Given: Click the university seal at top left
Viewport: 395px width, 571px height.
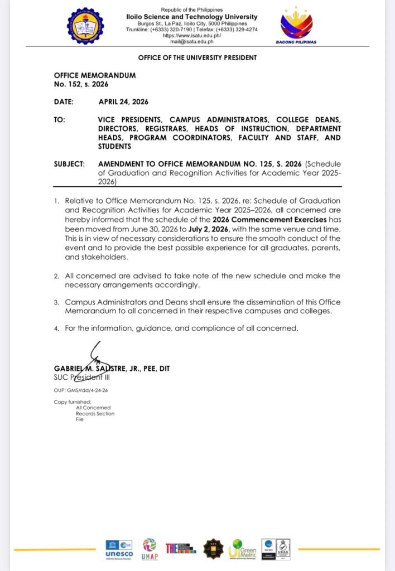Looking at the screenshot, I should [x=85, y=26].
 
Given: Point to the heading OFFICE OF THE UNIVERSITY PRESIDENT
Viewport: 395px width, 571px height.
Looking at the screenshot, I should [x=197, y=58].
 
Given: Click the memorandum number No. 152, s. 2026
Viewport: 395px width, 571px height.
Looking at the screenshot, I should [x=81, y=84].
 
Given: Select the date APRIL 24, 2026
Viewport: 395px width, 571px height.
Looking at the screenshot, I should [x=123, y=101].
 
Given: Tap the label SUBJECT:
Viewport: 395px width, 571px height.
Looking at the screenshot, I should [x=69, y=164].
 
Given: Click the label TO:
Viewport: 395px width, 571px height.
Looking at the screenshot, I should [x=60, y=120].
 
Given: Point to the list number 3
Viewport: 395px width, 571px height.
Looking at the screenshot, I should [x=56, y=303].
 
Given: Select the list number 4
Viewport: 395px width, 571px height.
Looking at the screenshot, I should [x=56, y=329].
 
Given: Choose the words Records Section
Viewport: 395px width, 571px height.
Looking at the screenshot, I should [x=95, y=414].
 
